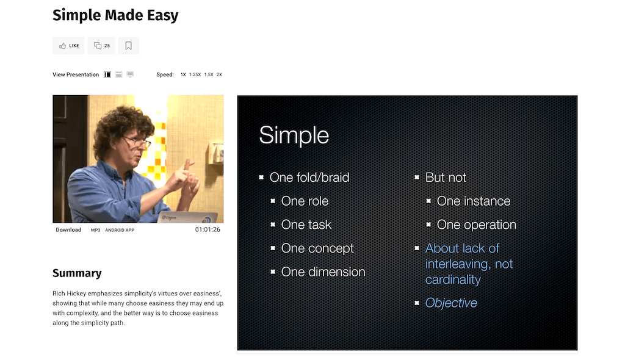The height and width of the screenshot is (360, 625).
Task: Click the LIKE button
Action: coord(68,46)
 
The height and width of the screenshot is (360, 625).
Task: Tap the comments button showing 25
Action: coord(102,46)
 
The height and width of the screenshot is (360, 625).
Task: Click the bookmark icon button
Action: coord(128,46)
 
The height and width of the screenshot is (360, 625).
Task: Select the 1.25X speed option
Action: coord(195,74)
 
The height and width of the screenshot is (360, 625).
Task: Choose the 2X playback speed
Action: coord(219,74)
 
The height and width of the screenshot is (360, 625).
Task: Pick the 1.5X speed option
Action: coord(209,74)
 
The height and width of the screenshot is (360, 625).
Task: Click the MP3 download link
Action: coord(96,230)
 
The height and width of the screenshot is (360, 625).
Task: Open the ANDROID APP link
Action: coord(120,230)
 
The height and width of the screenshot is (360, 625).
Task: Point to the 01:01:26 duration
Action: coord(208,229)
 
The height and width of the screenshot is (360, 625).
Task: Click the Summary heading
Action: coord(77,273)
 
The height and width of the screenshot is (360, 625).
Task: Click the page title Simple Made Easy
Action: coord(115,15)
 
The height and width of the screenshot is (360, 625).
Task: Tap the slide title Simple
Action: coord(294,135)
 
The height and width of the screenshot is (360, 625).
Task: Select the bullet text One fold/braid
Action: coord(309,178)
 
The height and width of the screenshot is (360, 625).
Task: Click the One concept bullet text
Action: coord(317,248)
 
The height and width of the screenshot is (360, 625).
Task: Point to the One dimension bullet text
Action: coord(323,272)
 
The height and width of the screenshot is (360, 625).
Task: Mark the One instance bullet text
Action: coord(474,201)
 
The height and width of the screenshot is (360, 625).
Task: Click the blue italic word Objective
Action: coord(451,303)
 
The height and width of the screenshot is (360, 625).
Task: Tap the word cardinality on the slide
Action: coord(453,279)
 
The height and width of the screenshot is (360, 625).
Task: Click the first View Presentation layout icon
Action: coord(107,74)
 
